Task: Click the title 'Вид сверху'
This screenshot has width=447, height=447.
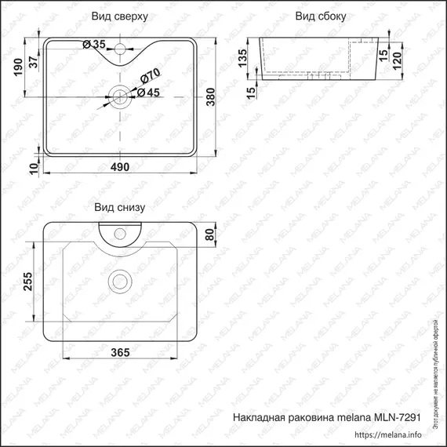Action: click(119, 16)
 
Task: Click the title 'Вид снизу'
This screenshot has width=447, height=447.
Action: click(119, 208)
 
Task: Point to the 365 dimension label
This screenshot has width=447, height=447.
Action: click(119, 353)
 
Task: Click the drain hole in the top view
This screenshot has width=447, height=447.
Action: click(119, 96)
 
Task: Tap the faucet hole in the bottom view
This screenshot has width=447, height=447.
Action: click(120, 233)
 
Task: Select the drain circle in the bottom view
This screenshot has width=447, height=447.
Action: click(119, 278)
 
